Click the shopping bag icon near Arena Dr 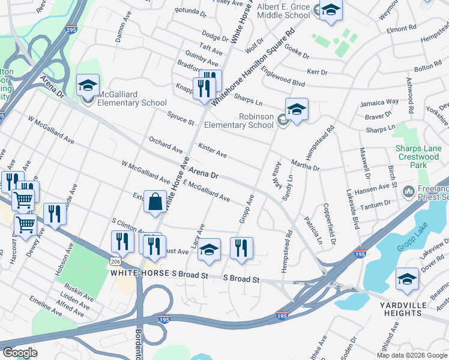pyautogui.click(x=155, y=203)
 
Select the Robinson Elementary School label pyautogui.click(x=239, y=121)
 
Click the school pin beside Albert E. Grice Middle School pyautogui.click(x=330, y=11)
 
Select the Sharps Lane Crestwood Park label pyautogui.click(x=419, y=154)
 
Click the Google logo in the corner pyautogui.click(x=20, y=352)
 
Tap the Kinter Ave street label pyautogui.click(x=212, y=151)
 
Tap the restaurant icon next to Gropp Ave pyautogui.click(x=241, y=248)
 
